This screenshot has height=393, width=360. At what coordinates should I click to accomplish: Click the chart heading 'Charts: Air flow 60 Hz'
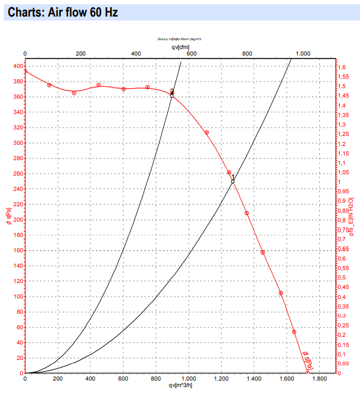60,12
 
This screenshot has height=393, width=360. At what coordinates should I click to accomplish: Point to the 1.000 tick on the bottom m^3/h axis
189,378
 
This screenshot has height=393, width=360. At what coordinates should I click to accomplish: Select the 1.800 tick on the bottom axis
319,378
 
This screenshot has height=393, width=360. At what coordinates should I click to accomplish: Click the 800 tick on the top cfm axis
247,54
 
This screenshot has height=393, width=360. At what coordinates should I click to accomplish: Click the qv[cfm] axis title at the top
180,46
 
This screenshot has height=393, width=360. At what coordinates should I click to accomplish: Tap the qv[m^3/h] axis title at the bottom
180,386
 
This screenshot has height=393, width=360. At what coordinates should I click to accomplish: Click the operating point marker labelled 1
232,181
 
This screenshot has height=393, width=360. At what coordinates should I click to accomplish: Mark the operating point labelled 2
172,94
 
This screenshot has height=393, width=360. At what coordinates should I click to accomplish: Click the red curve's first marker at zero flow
25,72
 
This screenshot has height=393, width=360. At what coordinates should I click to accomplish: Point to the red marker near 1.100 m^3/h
207,132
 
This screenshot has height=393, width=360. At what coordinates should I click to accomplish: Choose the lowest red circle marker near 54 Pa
294,332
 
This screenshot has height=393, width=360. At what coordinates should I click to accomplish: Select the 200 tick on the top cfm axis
80,54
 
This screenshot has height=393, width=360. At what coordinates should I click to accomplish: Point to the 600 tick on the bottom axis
123,378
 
